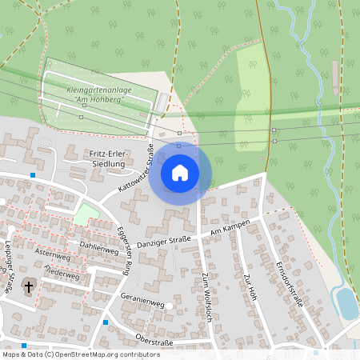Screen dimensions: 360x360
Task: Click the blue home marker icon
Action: pyautogui.click(x=179, y=173)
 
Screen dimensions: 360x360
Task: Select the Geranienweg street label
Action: pyautogui.click(x=142, y=304)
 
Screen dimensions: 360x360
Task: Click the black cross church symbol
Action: pyautogui.click(x=29, y=286)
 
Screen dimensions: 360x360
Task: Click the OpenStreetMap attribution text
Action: pyautogui.click(x=80, y=354)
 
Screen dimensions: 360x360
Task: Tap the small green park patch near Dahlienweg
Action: pyautogui.click(x=85, y=214)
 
